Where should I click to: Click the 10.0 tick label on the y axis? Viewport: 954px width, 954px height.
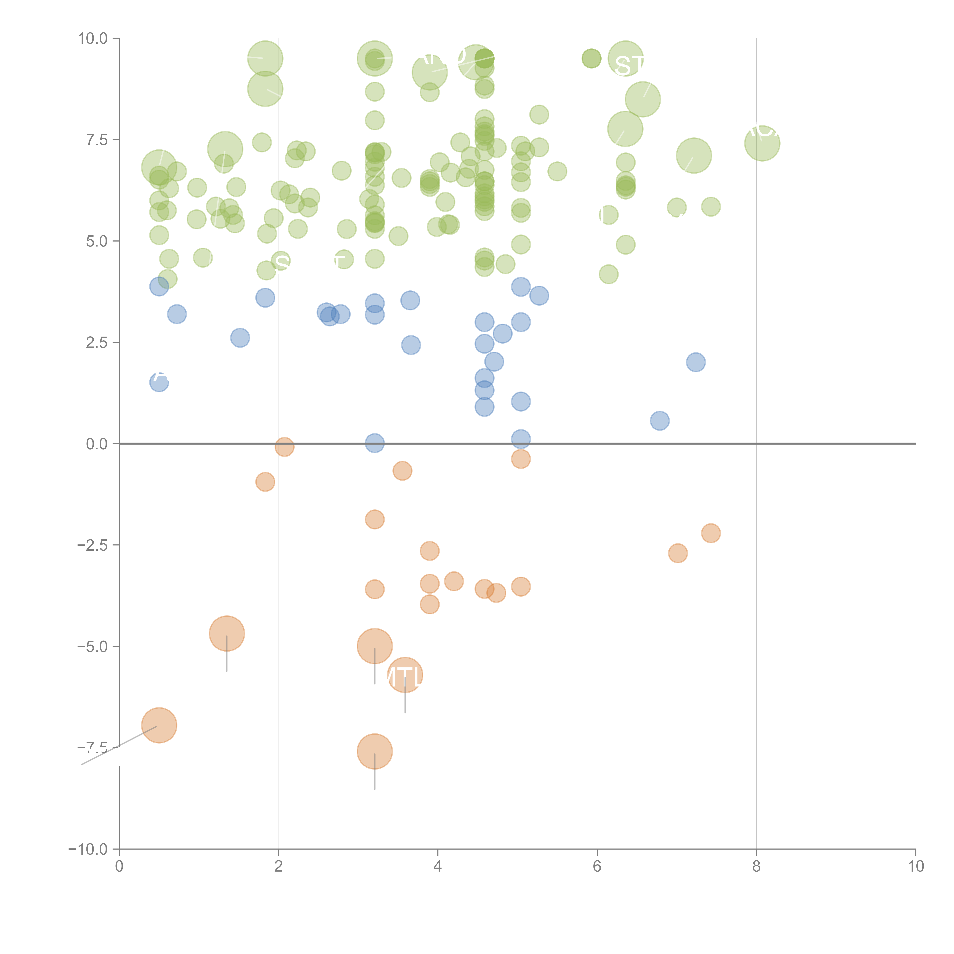coord(93,39)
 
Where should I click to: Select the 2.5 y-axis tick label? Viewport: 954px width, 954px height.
coord(97,343)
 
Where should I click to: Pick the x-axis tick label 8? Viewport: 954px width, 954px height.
coord(757,866)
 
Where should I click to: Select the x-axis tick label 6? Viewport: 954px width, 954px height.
coord(597,866)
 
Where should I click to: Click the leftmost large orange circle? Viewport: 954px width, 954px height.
coord(159,725)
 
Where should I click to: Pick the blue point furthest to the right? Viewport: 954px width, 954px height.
coord(696,362)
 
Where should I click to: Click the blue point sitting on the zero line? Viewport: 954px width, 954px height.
coord(375,443)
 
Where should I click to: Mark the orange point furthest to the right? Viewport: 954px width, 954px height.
coord(711,533)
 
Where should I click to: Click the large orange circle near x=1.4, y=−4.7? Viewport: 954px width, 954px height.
coord(227,633)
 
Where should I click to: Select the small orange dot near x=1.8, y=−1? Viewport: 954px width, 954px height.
coord(265,481)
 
